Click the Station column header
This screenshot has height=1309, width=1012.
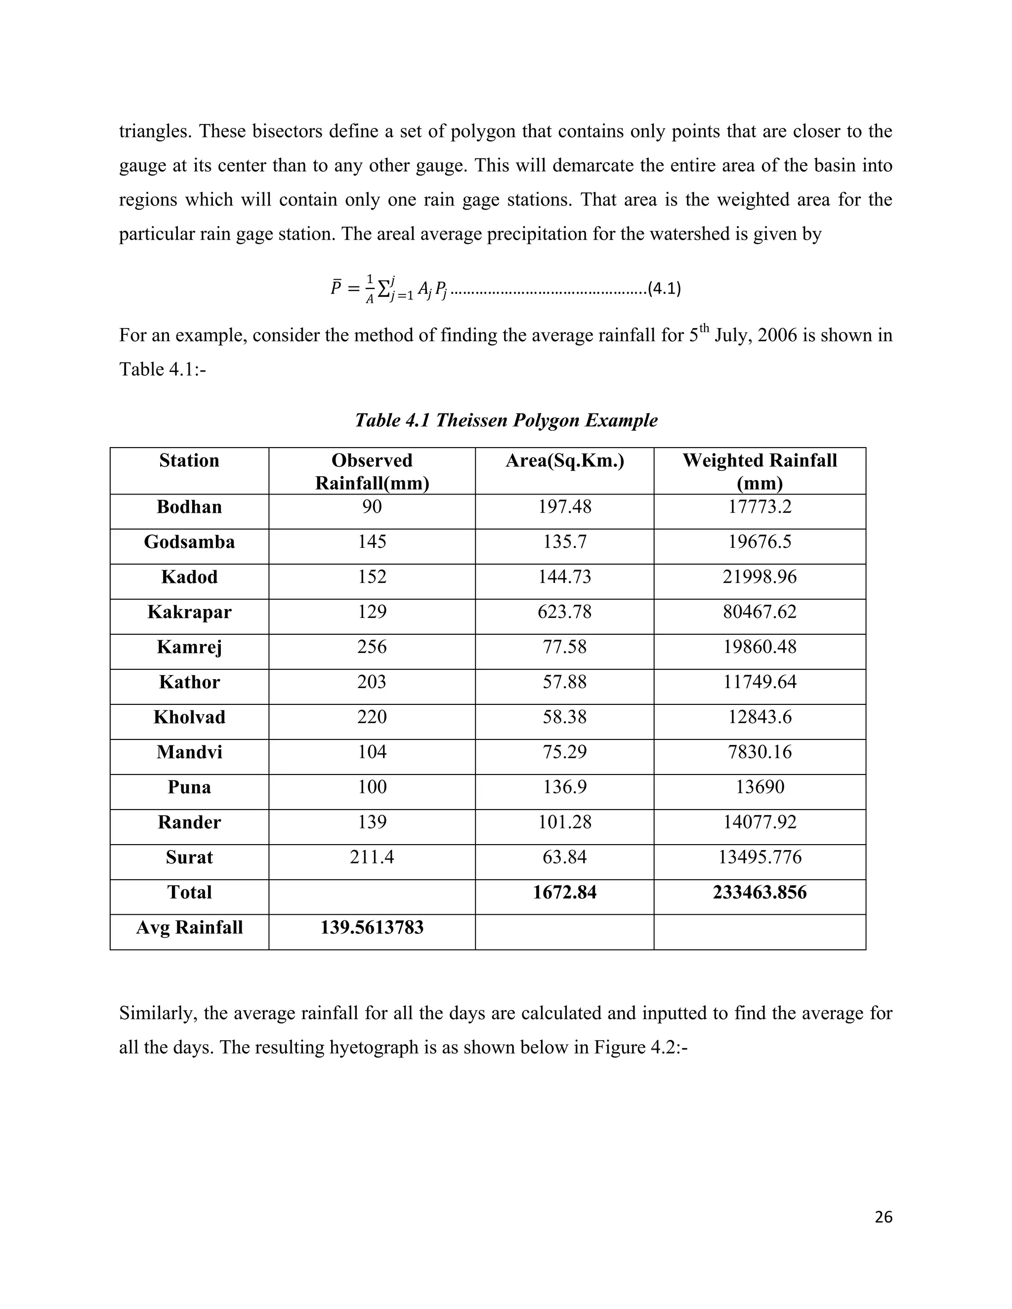[189, 460]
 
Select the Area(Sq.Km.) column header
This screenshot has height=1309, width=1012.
[564, 460]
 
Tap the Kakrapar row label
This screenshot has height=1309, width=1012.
[189, 612]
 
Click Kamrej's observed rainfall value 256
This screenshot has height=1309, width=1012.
[372, 647]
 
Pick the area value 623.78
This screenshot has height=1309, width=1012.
[564, 612]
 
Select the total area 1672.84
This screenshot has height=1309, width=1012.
[564, 893]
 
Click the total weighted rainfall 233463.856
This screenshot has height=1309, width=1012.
[759, 893]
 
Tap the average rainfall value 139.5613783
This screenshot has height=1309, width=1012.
[372, 927]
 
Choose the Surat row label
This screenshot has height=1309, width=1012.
[189, 857]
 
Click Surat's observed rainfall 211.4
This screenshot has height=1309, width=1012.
[372, 857]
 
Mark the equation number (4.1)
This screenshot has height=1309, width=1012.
[664, 289]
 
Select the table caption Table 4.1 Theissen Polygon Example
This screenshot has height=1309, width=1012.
[506, 420]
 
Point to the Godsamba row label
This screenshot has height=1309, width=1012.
[189, 542]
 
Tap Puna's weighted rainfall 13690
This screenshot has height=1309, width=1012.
[759, 787]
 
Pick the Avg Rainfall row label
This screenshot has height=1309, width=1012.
[189, 927]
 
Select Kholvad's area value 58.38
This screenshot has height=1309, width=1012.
[564, 717]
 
